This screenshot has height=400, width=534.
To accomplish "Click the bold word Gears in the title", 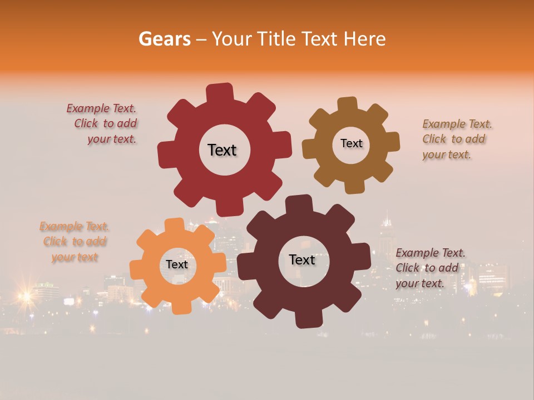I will (x=164, y=39).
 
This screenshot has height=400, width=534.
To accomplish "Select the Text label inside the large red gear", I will (x=222, y=150).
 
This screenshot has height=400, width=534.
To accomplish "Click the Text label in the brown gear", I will (x=351, y=143).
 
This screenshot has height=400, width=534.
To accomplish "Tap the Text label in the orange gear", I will (x=177, y=264).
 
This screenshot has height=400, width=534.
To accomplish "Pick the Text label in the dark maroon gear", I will (x=302, y=259).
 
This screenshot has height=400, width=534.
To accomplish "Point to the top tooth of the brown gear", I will (x=348, y=105).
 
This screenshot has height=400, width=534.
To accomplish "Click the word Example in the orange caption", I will (x=61, y=226).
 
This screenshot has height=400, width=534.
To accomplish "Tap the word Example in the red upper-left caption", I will (x=88, y=108).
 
